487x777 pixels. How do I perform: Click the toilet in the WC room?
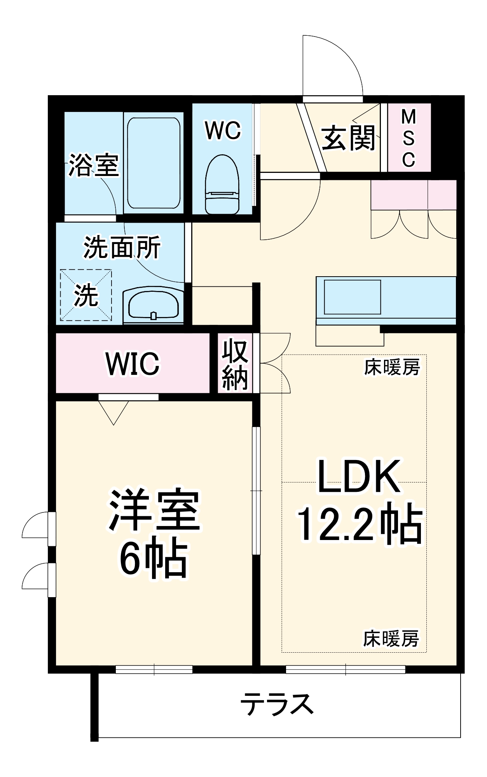pyautogui.click(x=222, y=185)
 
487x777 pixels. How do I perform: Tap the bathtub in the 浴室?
pyautogui.click(x=154, y=163)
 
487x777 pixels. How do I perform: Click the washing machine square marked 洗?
pyautogui.click(x=86, y=295)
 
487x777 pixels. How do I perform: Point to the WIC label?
pyautogui.click(x=133, y=364)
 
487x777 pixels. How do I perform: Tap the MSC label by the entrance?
pyautogui.click(x=408, y=138)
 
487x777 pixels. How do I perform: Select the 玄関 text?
pyautogui.click(x=348, y=138)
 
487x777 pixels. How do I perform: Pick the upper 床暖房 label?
pyautogui.click(x=392, y=367)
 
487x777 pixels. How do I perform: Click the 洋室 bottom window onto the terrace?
pyautogui.click(x=154, y=669)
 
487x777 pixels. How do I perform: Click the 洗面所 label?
pyautogui.click(x=122, y=247)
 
